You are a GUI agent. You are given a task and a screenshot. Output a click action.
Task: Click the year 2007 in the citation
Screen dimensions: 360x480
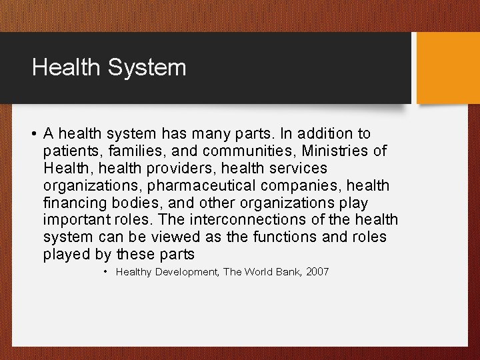tap(317, 272)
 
